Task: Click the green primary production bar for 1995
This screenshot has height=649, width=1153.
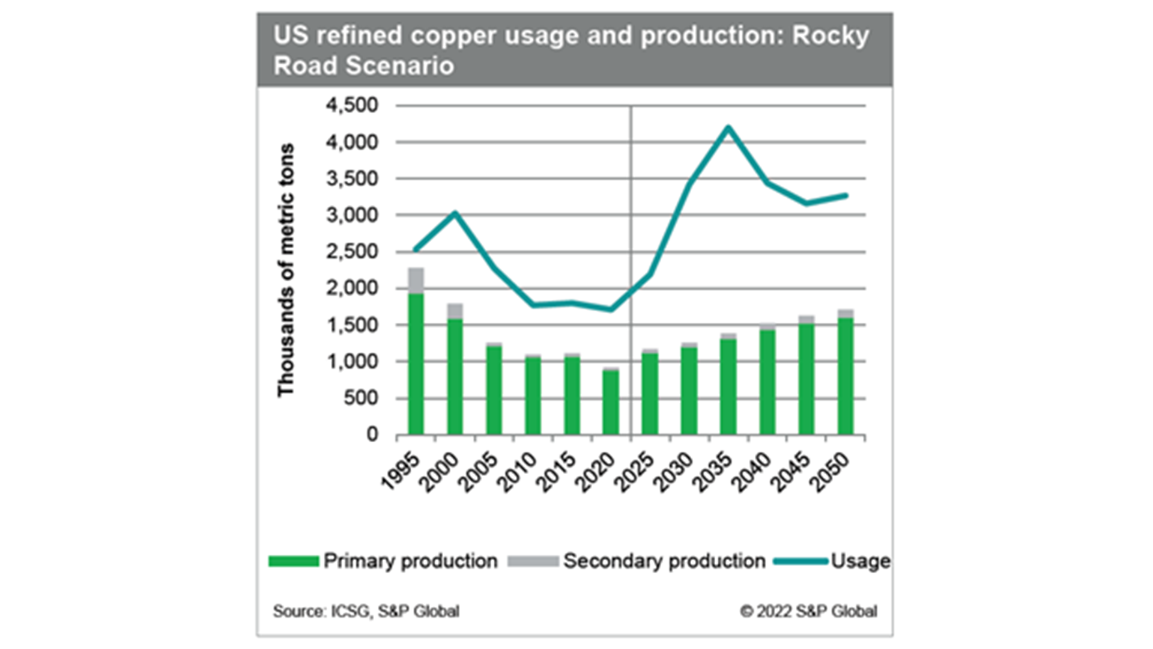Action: click(x=416, y=364)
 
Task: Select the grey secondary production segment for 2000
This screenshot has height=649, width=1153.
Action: click(x=455, y=311)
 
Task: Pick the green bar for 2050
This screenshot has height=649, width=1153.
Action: click(x=845, y=376)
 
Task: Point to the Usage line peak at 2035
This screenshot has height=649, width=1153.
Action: click(x=728, y=127)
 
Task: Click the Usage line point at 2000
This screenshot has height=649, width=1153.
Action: click(x=455, y=213)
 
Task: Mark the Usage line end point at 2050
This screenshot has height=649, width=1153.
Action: click(x=846, y=195)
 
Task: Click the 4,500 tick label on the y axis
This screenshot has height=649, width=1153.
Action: click(x=352, y=105)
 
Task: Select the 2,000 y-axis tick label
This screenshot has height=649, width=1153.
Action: click(x=352, y=288)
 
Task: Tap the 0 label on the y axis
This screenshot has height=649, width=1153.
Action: click(x=372, y=434)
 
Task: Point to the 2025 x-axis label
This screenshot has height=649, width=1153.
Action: click(x=635, y=472)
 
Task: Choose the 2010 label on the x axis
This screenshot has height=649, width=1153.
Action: click(x=518, y=472)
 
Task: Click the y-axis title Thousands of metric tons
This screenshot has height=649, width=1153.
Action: click(x=286, y=270)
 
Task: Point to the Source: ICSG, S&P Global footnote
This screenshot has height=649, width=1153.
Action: click(x=366, y=611)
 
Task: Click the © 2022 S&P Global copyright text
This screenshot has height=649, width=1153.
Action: click(x=808, y=611)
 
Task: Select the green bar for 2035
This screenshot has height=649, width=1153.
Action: click(x=728, y=386)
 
